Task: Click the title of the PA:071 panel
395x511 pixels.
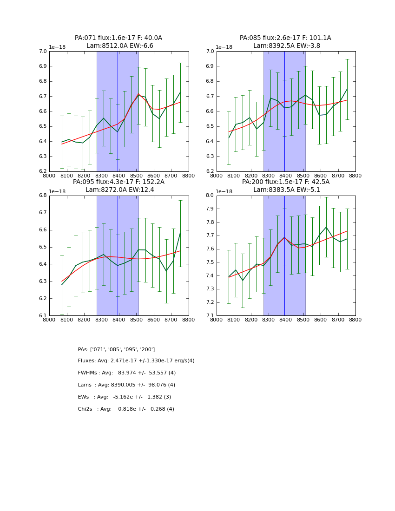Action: [x=118, y=42]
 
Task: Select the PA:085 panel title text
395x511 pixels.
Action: [x=285, y=42]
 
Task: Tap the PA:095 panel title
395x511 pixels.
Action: [x=118, y=186]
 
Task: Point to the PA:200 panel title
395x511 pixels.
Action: [x=285, y=186]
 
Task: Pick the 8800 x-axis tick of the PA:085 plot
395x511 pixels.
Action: [x=355, y=176]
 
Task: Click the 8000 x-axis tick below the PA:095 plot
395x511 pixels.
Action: [x=49, y=320]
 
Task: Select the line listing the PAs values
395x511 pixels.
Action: [x=116, y=349]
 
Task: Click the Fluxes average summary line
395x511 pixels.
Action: [x=136, y=361]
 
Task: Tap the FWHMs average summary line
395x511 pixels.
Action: [x=127, y=373]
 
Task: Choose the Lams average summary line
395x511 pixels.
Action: [x=126, y=385]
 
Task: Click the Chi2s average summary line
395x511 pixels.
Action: [x=126, y=409]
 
